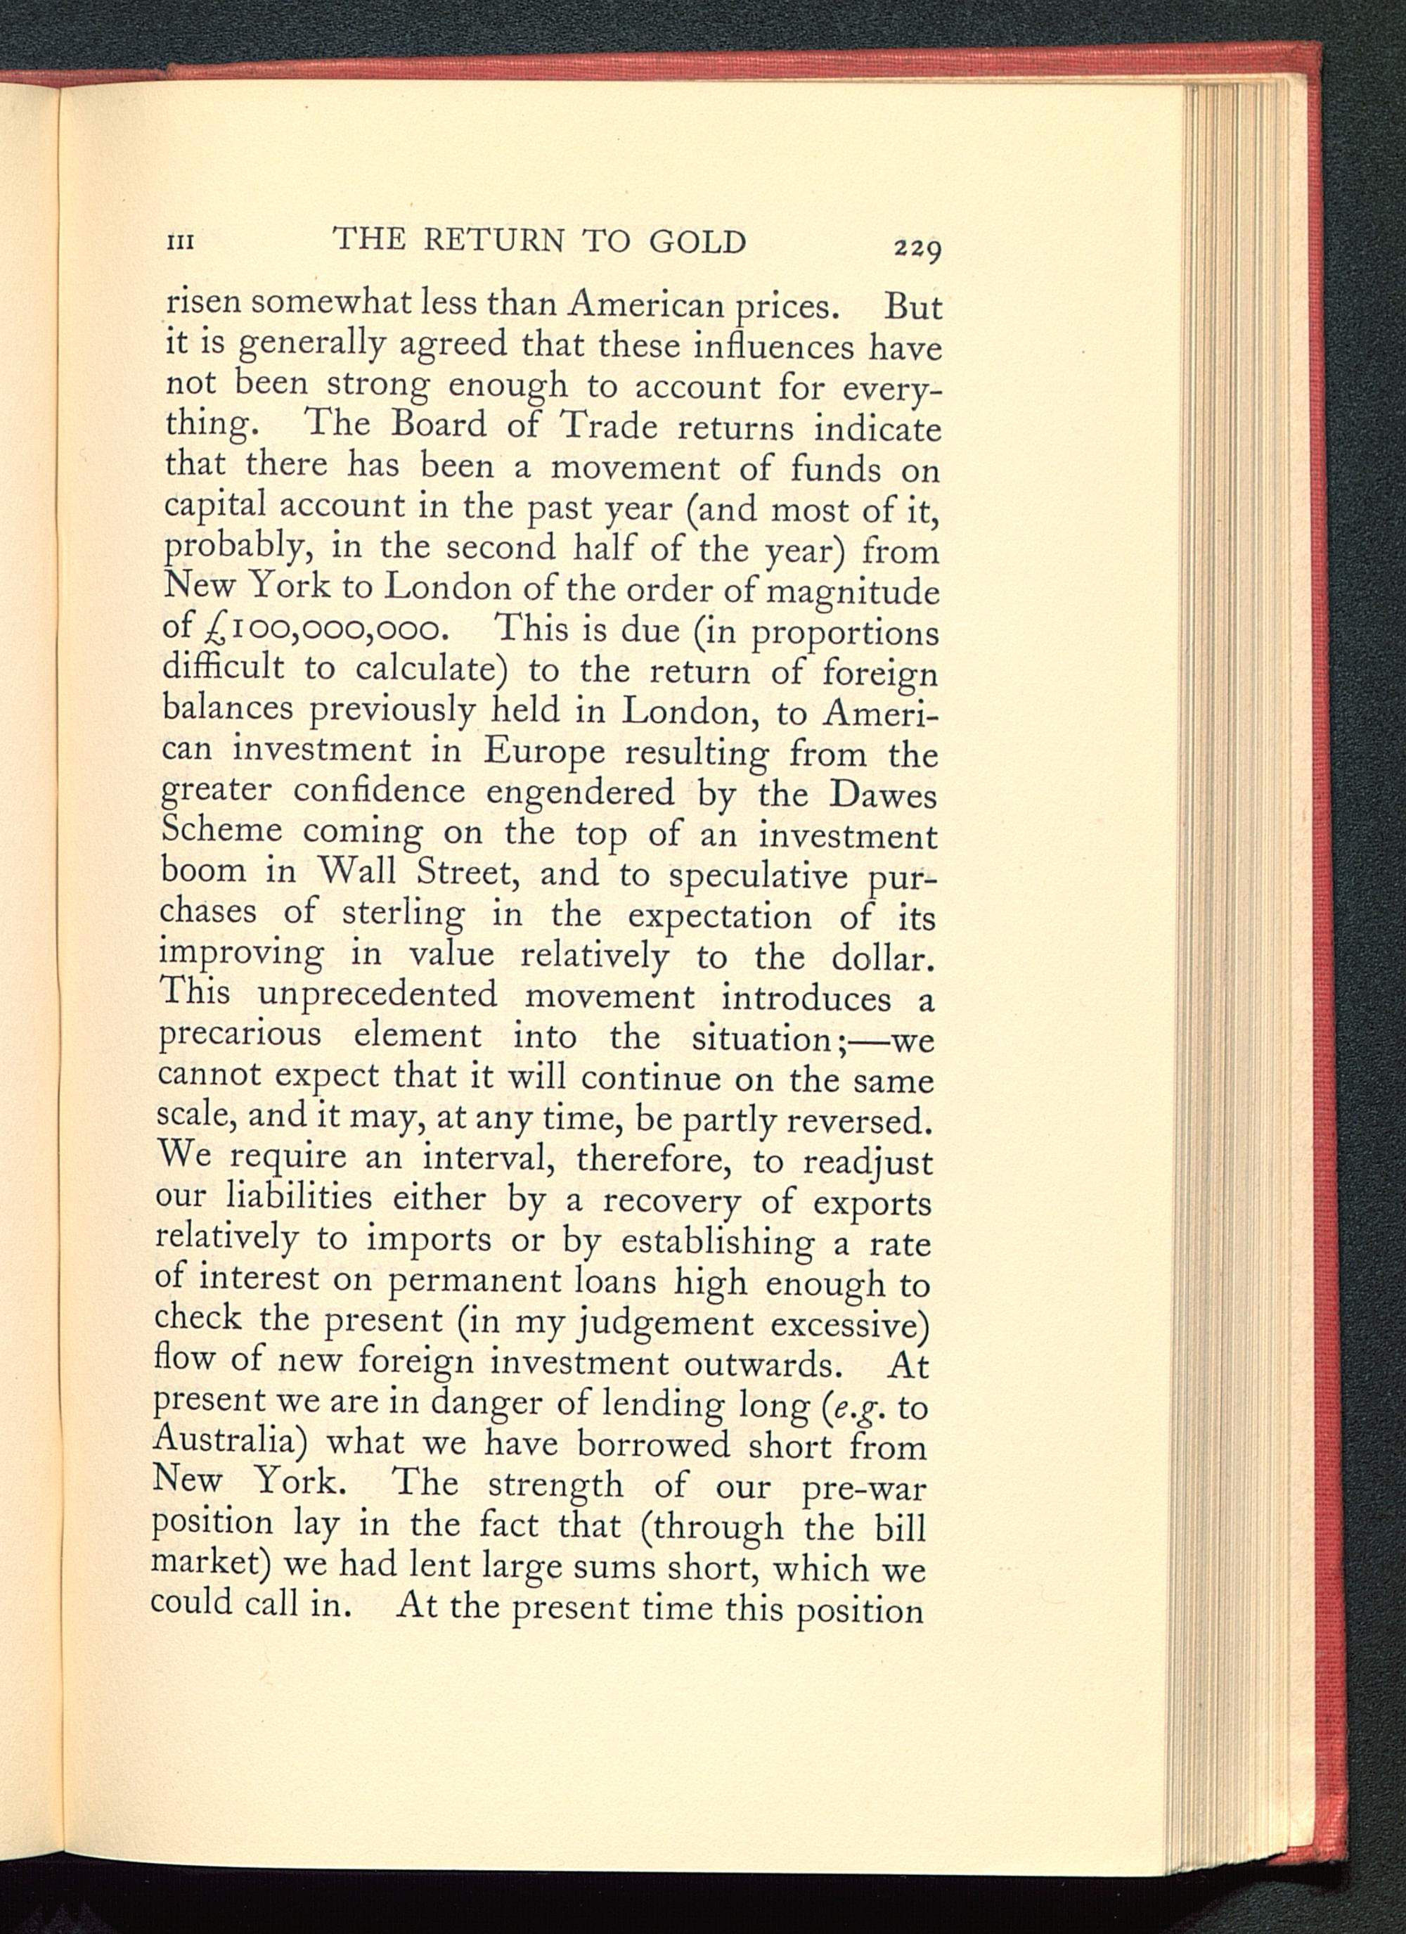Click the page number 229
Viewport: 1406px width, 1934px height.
coord(916,250)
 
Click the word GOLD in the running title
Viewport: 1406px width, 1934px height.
coord(697,243)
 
